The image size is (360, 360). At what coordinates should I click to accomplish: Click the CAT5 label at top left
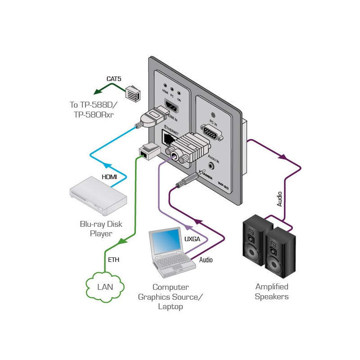tap(114, 79)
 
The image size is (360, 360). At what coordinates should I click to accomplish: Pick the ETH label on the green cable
tap(114, 260)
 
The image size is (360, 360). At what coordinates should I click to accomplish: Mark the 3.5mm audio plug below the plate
tap(185, 183)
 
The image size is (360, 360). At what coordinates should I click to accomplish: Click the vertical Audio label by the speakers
tap(279, 198)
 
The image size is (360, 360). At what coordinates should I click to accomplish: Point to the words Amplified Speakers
tap(271, 292)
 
